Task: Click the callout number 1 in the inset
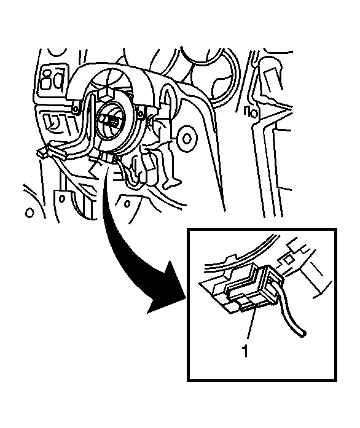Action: (x=245, y=351)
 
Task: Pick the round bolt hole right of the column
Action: (x=187, y=139)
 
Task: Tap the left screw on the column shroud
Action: (x=75, y=109)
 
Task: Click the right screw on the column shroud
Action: (x=141, y=112)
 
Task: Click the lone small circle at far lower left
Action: (x=29, y=212)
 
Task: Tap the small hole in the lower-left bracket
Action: (x=62, y=198)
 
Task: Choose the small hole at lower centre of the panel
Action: (x=127, y=203)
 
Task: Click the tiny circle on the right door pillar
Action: (x=254, y=113)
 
